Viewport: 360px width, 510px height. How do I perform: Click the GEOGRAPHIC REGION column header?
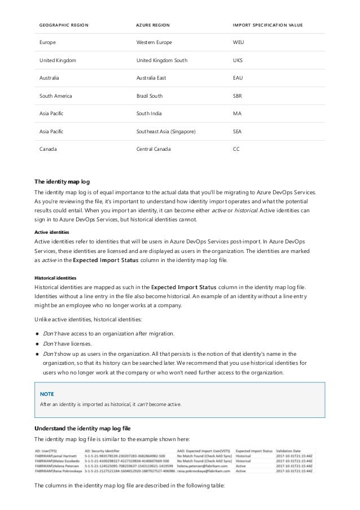[63, 25]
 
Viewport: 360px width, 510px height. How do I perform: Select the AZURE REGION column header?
[153, 25]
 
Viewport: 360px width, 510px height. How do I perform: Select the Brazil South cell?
[151, 97]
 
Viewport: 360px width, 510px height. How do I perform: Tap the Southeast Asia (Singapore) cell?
[166, 132]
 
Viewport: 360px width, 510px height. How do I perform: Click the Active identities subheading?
[52, 232]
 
